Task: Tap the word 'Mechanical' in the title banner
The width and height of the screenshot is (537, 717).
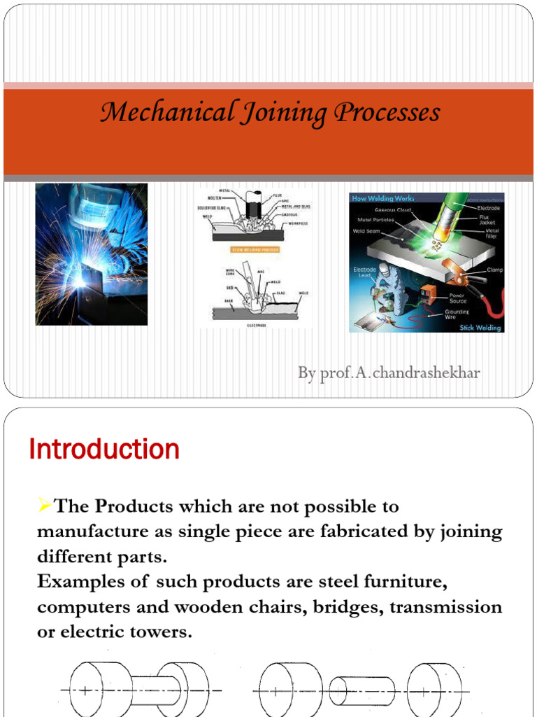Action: pyautogui.click(x=168, y=112)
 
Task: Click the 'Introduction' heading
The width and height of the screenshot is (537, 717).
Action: pyautogui.click(x=104, y=449)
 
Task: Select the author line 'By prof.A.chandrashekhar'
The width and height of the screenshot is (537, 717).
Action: pyautogui.click(x=389, y=373)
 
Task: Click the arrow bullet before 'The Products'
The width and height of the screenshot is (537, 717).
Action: pyautogui.click(x=45, y=505)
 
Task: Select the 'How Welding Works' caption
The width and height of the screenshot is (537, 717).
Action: pyautogui.click(x=383, y=199)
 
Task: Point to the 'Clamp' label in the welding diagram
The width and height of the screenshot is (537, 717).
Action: pyautogui.click(x=494, y=270)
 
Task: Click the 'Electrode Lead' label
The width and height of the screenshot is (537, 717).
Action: pyautogui.click(x=364, y=272)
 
